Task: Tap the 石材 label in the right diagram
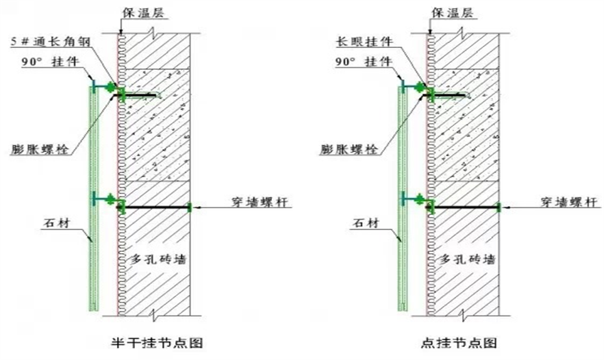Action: pyautogui.click(x=363, y=222)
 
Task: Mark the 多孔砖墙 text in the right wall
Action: pyautogui.click(x=468, y=259)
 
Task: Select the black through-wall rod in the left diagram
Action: pyautogui.click(x=158, y=206)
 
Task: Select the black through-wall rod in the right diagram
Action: pyautogui.click(x=466, y=206)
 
